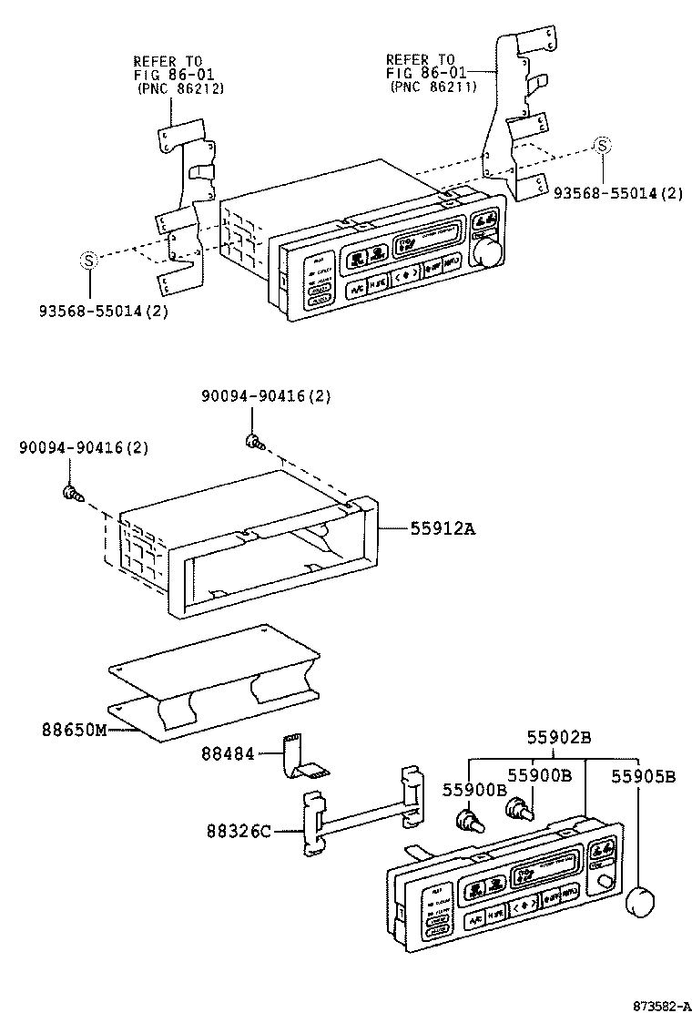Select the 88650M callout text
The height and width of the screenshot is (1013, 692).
(74, 729)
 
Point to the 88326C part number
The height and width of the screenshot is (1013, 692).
(239, 831)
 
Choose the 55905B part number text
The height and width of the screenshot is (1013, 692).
(643, 777)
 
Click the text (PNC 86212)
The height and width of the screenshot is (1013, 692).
(179, 88)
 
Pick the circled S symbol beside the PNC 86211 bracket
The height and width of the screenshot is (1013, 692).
(602, 146)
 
